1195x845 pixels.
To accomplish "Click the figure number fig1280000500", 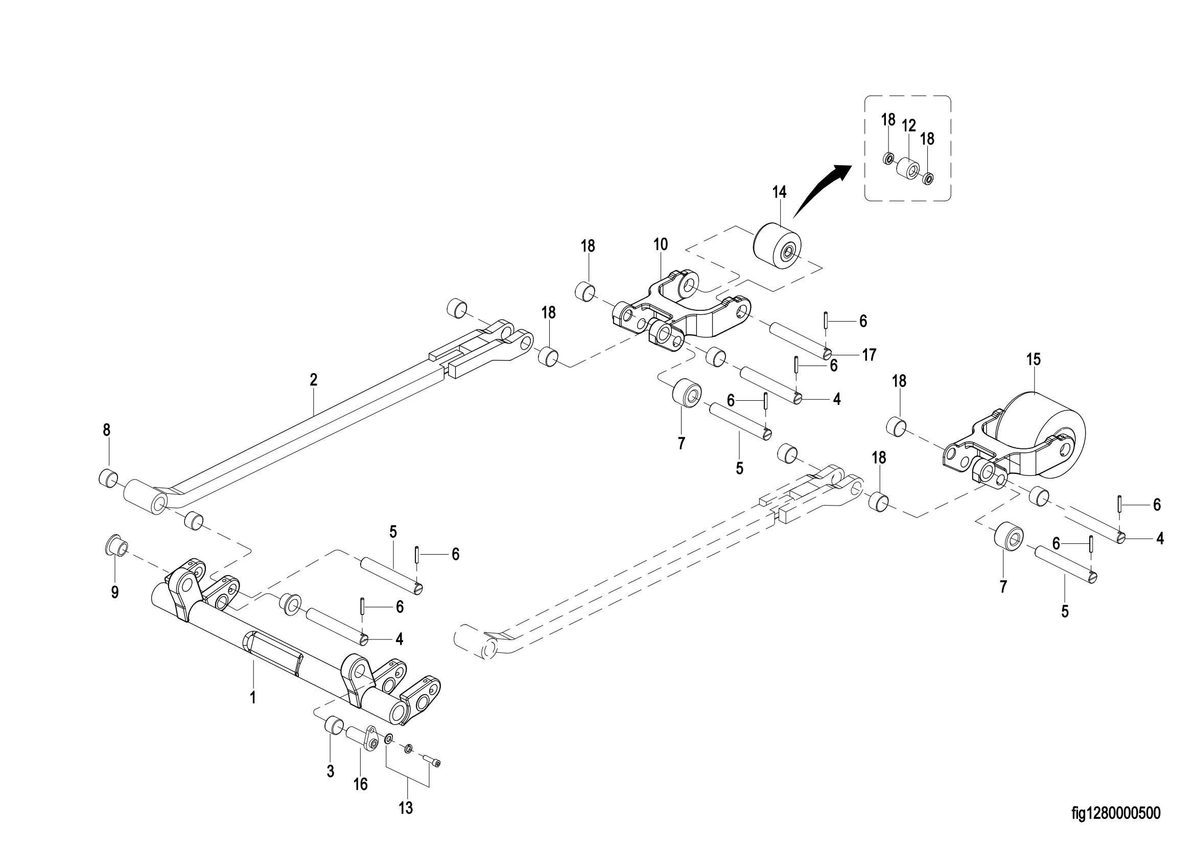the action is click(1115, 813).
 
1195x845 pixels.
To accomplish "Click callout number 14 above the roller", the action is click(779, 192).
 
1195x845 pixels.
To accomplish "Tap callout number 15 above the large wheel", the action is click(1034, 359).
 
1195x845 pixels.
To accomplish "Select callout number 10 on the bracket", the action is click(661, 244).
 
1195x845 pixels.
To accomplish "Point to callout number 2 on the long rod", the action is click(313, 379).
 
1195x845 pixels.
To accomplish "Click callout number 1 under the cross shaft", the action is click(253, 697).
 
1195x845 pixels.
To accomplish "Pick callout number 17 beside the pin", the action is click(869, 355).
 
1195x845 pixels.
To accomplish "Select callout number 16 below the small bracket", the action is click(360, 784).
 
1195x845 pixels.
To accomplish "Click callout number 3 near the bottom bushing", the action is click(330, 771).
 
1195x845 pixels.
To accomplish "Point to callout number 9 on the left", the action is click(115, 592).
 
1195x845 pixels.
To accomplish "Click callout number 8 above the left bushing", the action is click(107, 429).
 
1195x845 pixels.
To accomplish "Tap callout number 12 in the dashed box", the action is click(909, 125).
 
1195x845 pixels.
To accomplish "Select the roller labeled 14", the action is click(778, 247).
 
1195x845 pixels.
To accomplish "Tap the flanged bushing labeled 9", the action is click(116, 546).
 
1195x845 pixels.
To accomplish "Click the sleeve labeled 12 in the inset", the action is click(909, 168).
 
